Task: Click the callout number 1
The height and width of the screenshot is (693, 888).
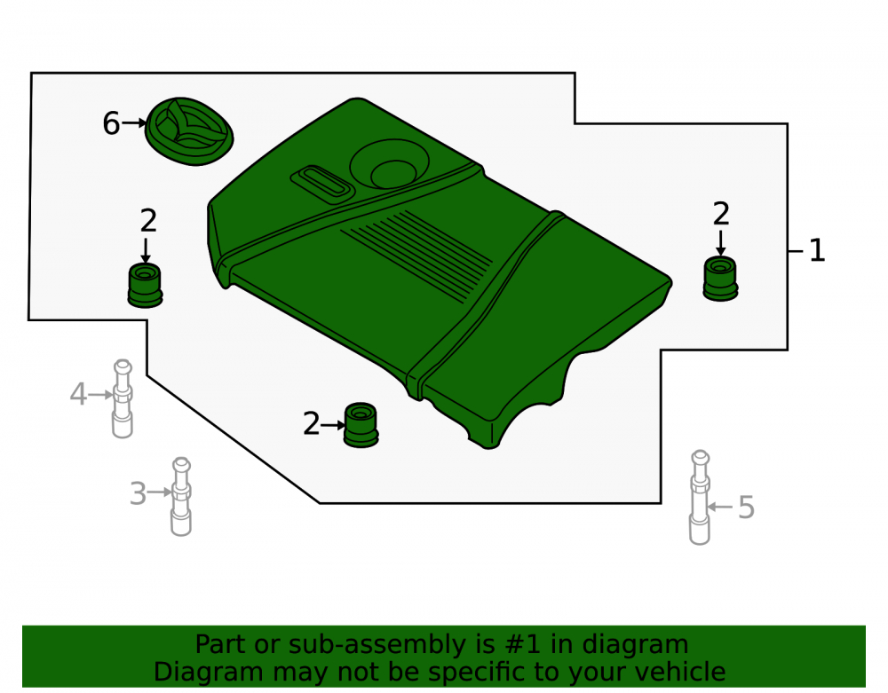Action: click(816, 250)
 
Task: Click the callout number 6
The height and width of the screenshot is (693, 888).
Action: click(111, 123)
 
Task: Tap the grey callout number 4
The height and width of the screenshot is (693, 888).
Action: click(78, 394)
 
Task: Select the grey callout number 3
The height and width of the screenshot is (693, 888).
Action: click(139, 493)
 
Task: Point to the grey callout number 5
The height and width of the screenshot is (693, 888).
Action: click(747, 508)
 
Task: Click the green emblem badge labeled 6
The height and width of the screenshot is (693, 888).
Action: click(189, 131)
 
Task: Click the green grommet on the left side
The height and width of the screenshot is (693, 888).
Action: click(145, 286)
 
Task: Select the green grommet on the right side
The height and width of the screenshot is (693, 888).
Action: click(720, 279)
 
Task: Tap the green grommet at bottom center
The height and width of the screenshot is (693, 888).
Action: click(361, 425)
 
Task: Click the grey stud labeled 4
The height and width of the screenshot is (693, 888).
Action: click(123, 398)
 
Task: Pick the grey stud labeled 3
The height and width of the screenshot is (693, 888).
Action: click(181, 497)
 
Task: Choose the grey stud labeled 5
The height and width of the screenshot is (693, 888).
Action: click(701, 497)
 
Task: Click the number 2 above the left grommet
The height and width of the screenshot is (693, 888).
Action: click(148, 221)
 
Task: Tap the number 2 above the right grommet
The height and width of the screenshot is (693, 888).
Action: click(721, 214)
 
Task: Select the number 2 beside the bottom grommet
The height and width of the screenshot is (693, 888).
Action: click(312, 424)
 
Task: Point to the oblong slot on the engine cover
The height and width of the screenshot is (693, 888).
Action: click(322, 183)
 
